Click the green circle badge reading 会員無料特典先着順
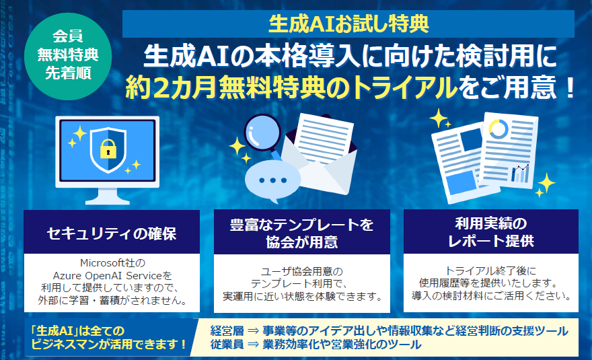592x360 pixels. (x=68, y=56)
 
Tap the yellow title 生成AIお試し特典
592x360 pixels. (x=348, y=24)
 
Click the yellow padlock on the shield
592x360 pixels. (x=108, y=149)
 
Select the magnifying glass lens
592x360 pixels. (x=262, y=133)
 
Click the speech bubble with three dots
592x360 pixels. (x=272, y=180)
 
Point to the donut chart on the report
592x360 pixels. (x=498, y=129)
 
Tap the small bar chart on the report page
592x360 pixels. (x=520, y=174)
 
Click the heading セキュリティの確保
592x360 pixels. (x=112, y=233)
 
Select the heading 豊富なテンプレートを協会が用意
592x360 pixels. (x=301, y=233)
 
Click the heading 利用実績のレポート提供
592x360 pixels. (x=491, y=232)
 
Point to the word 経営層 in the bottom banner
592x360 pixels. (x=227, y=331)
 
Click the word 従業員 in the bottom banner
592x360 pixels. (x=227, y=344)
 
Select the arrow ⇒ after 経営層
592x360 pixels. (x=253, y=331)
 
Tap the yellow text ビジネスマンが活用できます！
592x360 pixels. (x=109, y=344)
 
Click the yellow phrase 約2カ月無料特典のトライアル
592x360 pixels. (x=291, y=87)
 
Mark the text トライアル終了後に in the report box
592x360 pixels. (x=490, y=271)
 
